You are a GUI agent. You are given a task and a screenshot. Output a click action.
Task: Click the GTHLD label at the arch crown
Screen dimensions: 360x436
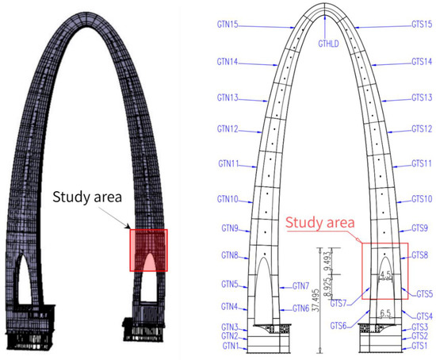click(x=328, y=43)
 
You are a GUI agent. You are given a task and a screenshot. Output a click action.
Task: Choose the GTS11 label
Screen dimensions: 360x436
click(x=421, y=163)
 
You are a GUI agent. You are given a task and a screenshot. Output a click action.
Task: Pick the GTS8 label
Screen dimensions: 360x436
click(x=420, y=255)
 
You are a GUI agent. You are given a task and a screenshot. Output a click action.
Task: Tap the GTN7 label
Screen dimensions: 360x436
click(x=296, y=286)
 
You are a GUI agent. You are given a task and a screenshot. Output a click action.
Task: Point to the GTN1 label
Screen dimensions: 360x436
click(x=230, y=347)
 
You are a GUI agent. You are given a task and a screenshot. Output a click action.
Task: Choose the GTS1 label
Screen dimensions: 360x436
click(x=419, y=347)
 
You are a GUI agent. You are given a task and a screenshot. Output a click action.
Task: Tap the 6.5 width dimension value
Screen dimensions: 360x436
click(x=385, y=312)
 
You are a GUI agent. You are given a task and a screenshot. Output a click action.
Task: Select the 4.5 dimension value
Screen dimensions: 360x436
click(x=386, y=277)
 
